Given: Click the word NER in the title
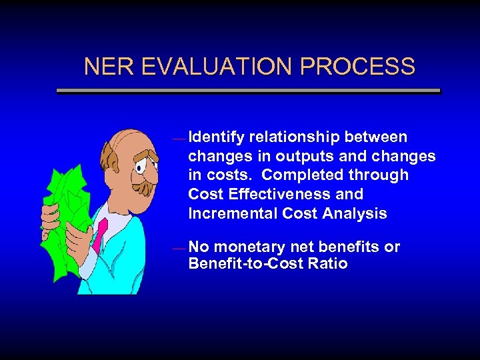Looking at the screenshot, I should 104,67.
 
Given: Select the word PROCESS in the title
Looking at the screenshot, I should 357,67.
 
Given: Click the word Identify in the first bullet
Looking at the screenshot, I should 216,137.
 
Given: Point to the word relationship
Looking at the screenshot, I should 295,137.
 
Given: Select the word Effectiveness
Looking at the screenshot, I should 274,195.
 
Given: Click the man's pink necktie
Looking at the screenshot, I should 101,234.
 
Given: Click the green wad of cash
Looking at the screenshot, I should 67,193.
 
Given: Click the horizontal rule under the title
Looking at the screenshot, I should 248,91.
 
